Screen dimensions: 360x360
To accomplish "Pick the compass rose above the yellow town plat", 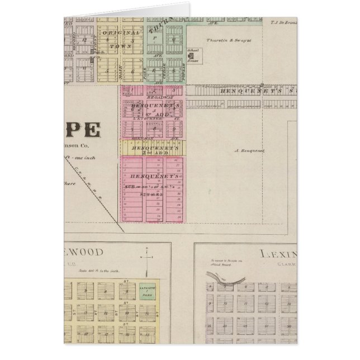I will coord(146,258).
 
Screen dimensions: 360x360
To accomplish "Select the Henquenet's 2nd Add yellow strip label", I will coord(151,149).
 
